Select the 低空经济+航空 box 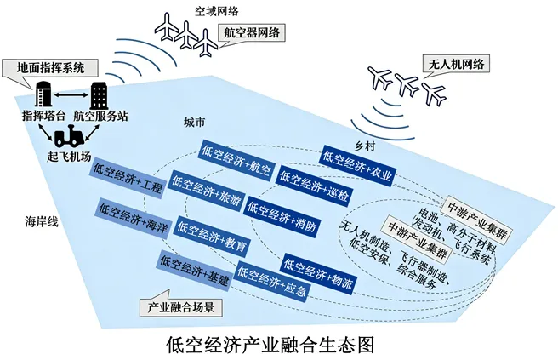[x=236, y=159]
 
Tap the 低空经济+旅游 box [x=207, y=189]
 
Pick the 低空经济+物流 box [x=319, y=269]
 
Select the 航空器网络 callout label [x=251, y=32]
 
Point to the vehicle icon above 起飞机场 [x=68, y=136]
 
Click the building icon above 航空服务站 [x=100, y=94]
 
